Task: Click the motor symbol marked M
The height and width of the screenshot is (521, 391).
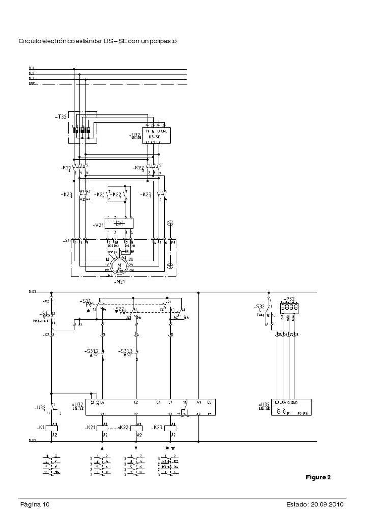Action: [120, 265]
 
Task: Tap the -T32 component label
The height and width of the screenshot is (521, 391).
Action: [61, 117]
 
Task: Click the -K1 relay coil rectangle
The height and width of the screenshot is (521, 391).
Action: [51, 427]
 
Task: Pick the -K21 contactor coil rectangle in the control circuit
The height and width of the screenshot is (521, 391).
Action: [104, 427]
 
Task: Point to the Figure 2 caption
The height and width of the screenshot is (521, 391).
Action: [318, 477]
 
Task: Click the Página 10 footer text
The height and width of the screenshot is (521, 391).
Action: [35, 505]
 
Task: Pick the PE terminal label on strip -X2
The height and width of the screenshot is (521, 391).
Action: [173, 243]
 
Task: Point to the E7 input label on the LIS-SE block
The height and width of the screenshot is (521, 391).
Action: [170, 402]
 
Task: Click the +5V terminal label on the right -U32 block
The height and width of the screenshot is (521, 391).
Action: [282, 402]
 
